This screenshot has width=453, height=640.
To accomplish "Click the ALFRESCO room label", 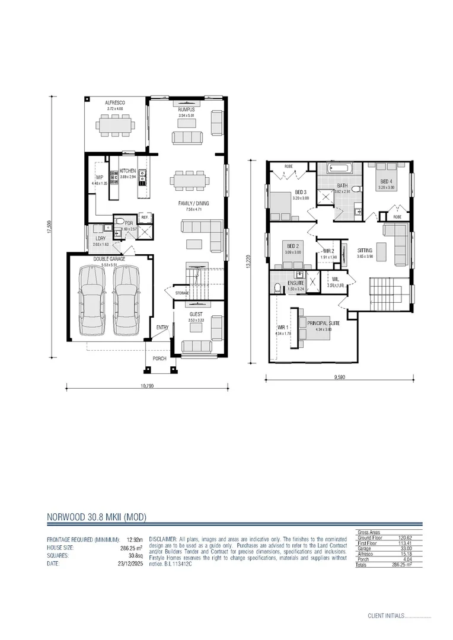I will [116, 103].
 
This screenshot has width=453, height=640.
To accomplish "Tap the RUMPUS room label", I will [186, 110].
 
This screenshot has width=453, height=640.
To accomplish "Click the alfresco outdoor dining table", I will [116, 126].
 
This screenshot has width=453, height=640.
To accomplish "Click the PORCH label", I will [159, 359].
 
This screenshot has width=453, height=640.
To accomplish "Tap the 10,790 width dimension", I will [147, 386].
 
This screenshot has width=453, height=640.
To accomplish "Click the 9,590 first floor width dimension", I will [339, 376].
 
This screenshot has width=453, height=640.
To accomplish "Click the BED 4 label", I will [386, 181].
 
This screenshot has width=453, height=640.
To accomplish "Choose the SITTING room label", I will [365, 250].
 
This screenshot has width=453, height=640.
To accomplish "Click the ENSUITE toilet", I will [277, 289].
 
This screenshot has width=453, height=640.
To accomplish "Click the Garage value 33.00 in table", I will [405, 548].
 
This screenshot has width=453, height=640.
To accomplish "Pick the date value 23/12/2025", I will [125, 564].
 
